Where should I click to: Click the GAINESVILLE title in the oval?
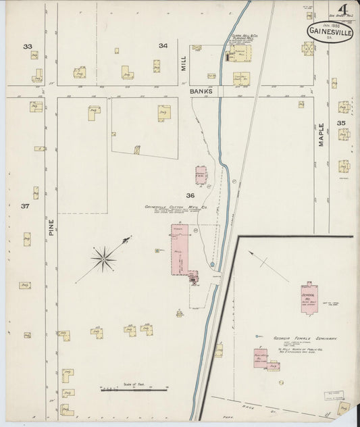pyautogui.click(x=331, y=32)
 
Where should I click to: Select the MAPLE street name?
pyautogui.click(x=322, y=134)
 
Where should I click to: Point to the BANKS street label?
pyautogui.click(x=201, y=91)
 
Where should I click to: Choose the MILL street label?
pyautogui.click(x=182, y=64)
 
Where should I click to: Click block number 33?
pyautogui.click(x=28, y=47)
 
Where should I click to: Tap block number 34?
pyautogui.click(x=163, y=46)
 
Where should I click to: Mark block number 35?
pyautogui.click(x=342, y=122)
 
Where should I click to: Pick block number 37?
pyautogui.click(x=24, y=206)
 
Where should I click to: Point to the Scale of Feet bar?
pyautogui.click(x=133, y=389)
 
